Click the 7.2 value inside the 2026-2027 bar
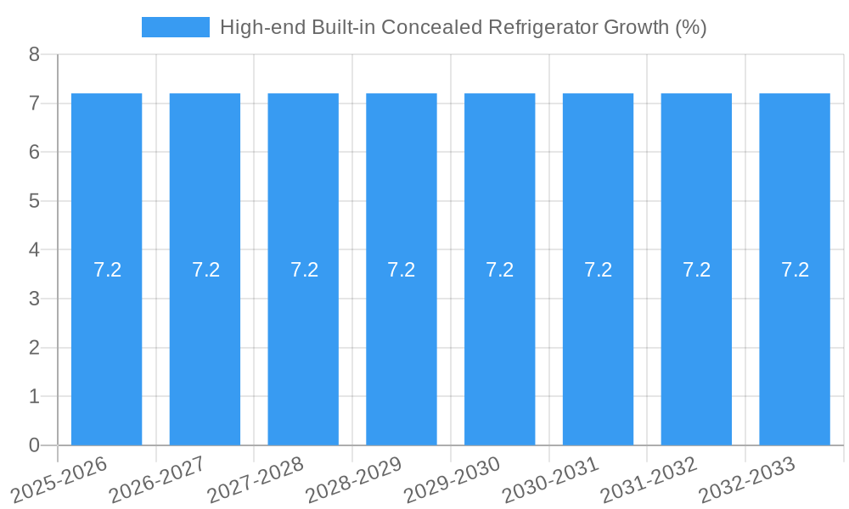pyautogui.click(x=205, y=270)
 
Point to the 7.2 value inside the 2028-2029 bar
pyautogui.click(x=402, y=270)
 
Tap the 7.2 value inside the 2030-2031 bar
pyautogui.click(x=598, y=270)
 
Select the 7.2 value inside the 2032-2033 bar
pyautogui.click(x=795, y=270)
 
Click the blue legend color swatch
pyautogui.click(x=176, y=27)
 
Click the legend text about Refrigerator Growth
pyautogui.click(x=463, y=27)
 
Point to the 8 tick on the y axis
pyautogui.click(x=34, y=54)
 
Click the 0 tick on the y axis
pyautogui.click(x=34, y=445)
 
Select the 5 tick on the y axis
pyautogui.click(x=34, y=201)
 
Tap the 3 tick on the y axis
pyautogui.click(x=34, y=299)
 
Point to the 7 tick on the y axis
pyautogui.click(x=34, y=103)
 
